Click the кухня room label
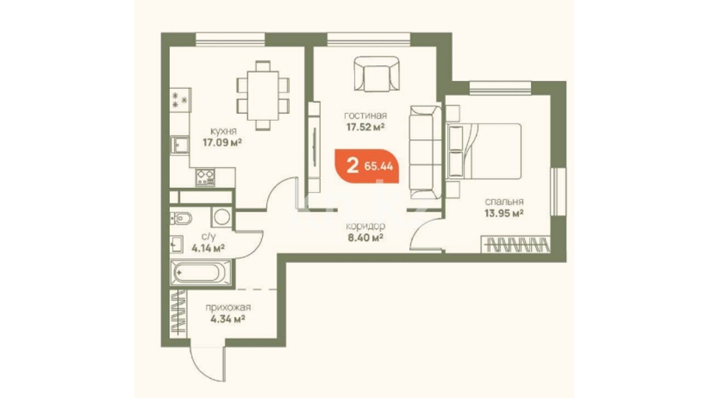tap(224, 131)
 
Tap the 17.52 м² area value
tap(366, 126)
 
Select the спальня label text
tap(504, 202)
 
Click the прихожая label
tap(228, 308)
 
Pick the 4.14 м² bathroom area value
tap(208, 248)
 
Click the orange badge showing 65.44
tap(367, 166)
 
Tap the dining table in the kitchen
tap(263, 96)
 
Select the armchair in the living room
tap(377, 74)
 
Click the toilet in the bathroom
tap(181, 218)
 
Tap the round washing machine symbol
tap(222, 217)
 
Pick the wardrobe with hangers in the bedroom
tap(516, 244)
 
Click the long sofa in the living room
tap(425, 152)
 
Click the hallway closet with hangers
tap(178, 312)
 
